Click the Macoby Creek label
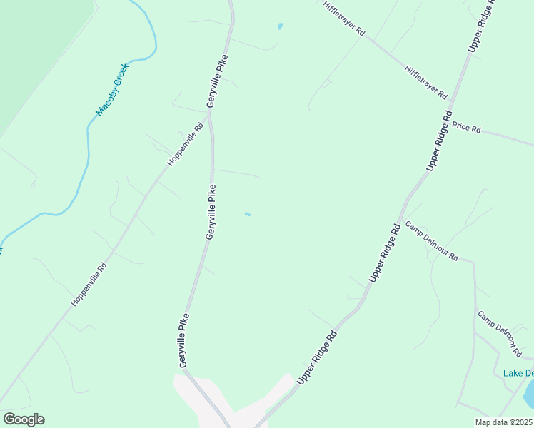(x=111, y=89)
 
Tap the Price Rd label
(x=466, y=128)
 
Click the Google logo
(x=24, y=419)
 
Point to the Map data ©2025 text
(x=503, y=422)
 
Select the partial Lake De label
(x=518, y=373)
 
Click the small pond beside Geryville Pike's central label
(x=248, y=214)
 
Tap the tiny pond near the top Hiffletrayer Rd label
(x=281, y=27)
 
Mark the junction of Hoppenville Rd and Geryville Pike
(x=211, y=114)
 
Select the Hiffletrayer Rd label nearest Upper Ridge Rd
(x=425, y=82)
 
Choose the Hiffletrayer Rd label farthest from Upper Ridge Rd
(x=343, y=18)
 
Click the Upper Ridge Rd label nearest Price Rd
(x=440, y=139)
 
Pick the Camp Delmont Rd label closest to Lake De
(x=500, y=334)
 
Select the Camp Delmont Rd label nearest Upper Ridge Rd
(x=431, y=241)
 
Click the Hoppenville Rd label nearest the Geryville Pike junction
(x=186, y=144)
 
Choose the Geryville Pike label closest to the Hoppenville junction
(x=218, y=81)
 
